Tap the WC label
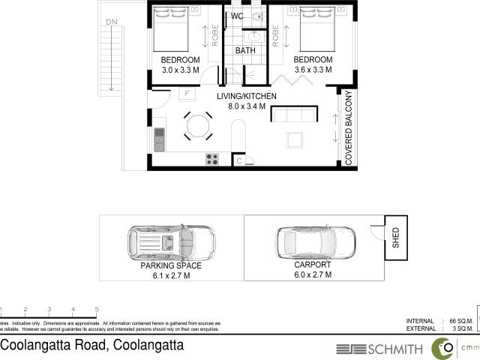point(238,16)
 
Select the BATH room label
point(245,51)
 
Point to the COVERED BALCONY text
point(349,127)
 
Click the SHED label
point(396,238)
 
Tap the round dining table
point(199,124)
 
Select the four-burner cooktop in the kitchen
point(212,159)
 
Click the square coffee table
point(295,140)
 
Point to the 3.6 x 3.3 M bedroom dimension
point(313,70)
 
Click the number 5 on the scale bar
point(97,309)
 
